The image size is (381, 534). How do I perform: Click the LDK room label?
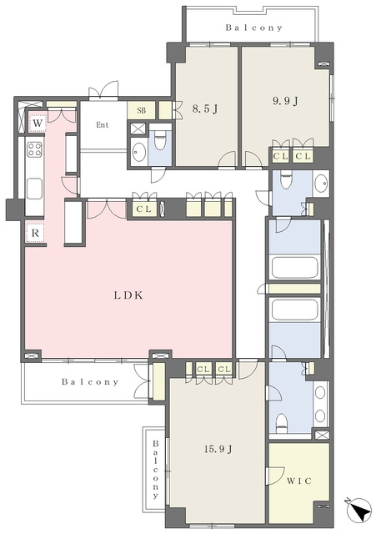coord(128,295)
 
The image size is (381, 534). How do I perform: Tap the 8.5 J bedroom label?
coord(205,108)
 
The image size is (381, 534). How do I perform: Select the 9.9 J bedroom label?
coord(286,101)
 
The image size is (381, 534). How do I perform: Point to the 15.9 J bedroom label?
coord(218,450)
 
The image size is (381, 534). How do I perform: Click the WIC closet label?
coord(299,481)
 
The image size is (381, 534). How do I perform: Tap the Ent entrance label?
coord(102,124)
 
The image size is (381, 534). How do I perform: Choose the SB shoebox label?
coord(142,110)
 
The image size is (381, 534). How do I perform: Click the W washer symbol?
coord(38,123)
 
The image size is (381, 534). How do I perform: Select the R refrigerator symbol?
coord(35,234)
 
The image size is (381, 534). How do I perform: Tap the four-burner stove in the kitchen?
coord(35,149)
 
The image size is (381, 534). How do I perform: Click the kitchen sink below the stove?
coord(34,189)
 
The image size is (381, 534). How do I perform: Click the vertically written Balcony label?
coord(155,469)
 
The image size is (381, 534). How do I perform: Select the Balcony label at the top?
coord(254,28)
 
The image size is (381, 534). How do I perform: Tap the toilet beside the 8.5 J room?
coord(159,141)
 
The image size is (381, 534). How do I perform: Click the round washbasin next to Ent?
coord(138,151)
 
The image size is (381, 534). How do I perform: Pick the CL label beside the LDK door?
coord(144,209)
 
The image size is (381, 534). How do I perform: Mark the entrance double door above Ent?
coord(103,90)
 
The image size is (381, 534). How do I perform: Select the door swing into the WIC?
coord(276,476)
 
